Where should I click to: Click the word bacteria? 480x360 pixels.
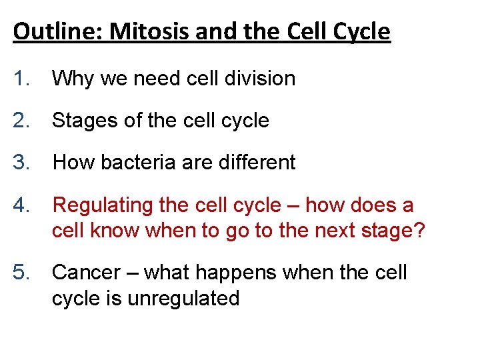point(141,162)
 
